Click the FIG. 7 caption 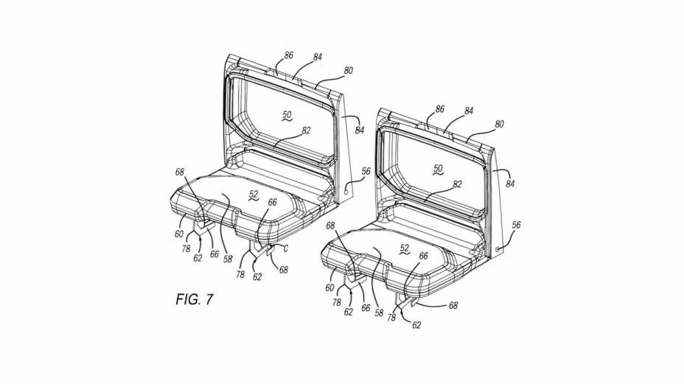(195, 299)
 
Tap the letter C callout (286, 248)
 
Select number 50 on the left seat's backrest (287, 115)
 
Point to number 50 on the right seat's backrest (438, 169)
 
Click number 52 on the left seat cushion (254, 195)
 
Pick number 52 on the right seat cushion (405, 248)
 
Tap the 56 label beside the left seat (366, 172)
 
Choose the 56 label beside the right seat (516, 225)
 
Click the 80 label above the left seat (348, 70)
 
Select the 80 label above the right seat (499, 125)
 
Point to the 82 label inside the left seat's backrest (306, 130)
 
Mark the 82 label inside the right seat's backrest (457, 184)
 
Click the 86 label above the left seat (288, 55)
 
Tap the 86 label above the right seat (440, 109)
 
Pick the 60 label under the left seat (179, 234)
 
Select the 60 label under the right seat (329, 288)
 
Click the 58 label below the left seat (228, 259)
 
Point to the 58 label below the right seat (379, 313)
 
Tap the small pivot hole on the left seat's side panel (346, 191)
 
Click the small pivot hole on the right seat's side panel (498, 248)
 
